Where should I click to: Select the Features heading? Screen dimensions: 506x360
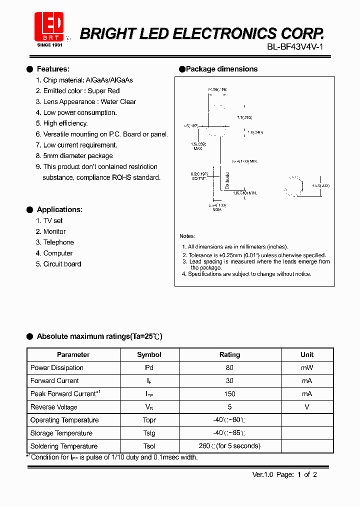point(53,69)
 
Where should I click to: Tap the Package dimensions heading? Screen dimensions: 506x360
point(221,69)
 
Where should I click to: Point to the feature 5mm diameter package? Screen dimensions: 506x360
point(78,156)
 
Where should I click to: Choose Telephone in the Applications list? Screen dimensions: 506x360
point(58,242)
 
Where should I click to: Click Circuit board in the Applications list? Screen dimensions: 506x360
point(62,264)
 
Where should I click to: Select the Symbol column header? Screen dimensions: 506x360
point(149,354)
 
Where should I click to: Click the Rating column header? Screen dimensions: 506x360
point(229,354)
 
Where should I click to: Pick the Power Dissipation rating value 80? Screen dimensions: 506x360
point(229,367)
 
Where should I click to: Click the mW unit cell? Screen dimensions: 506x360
point(307,367)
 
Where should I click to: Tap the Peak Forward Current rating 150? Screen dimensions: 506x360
point(229,394)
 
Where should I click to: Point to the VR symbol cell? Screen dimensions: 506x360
point(149,407)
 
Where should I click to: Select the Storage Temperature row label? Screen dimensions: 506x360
point(61,433)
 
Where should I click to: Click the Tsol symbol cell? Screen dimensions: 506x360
point(149,446)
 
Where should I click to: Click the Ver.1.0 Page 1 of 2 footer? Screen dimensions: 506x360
point(284,474)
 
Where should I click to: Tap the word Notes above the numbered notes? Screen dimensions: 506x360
point(187,236)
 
